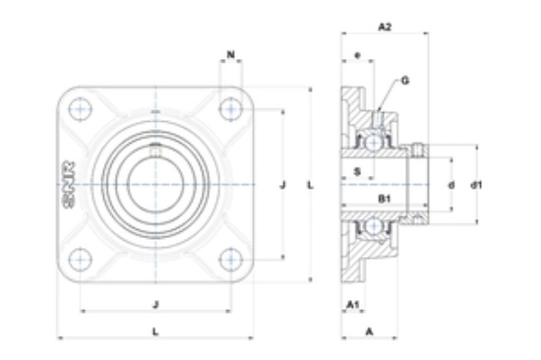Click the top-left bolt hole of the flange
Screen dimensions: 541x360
pyautogui.click(x=81, y=109)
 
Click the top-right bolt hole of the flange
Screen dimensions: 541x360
pyautogui.click(x=231, y=109)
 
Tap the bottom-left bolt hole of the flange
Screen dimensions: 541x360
pyautogui.click(x=81, y=260)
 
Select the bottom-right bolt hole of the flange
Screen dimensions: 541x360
pyautogui.click(x=231, y=260)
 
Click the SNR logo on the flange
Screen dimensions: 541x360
pyautogui.click(x=70, y=185)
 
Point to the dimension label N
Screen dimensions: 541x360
pyautogui.click(x=231, y=54)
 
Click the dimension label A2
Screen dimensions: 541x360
pyautogui.click(x=385, y=27)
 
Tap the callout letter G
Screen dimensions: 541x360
pyautogui.click(x=405, y=81)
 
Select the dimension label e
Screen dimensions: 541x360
pyautogui.click(x=357, y=55)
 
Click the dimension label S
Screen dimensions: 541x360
pyautogui.click(x=358, y=171)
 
